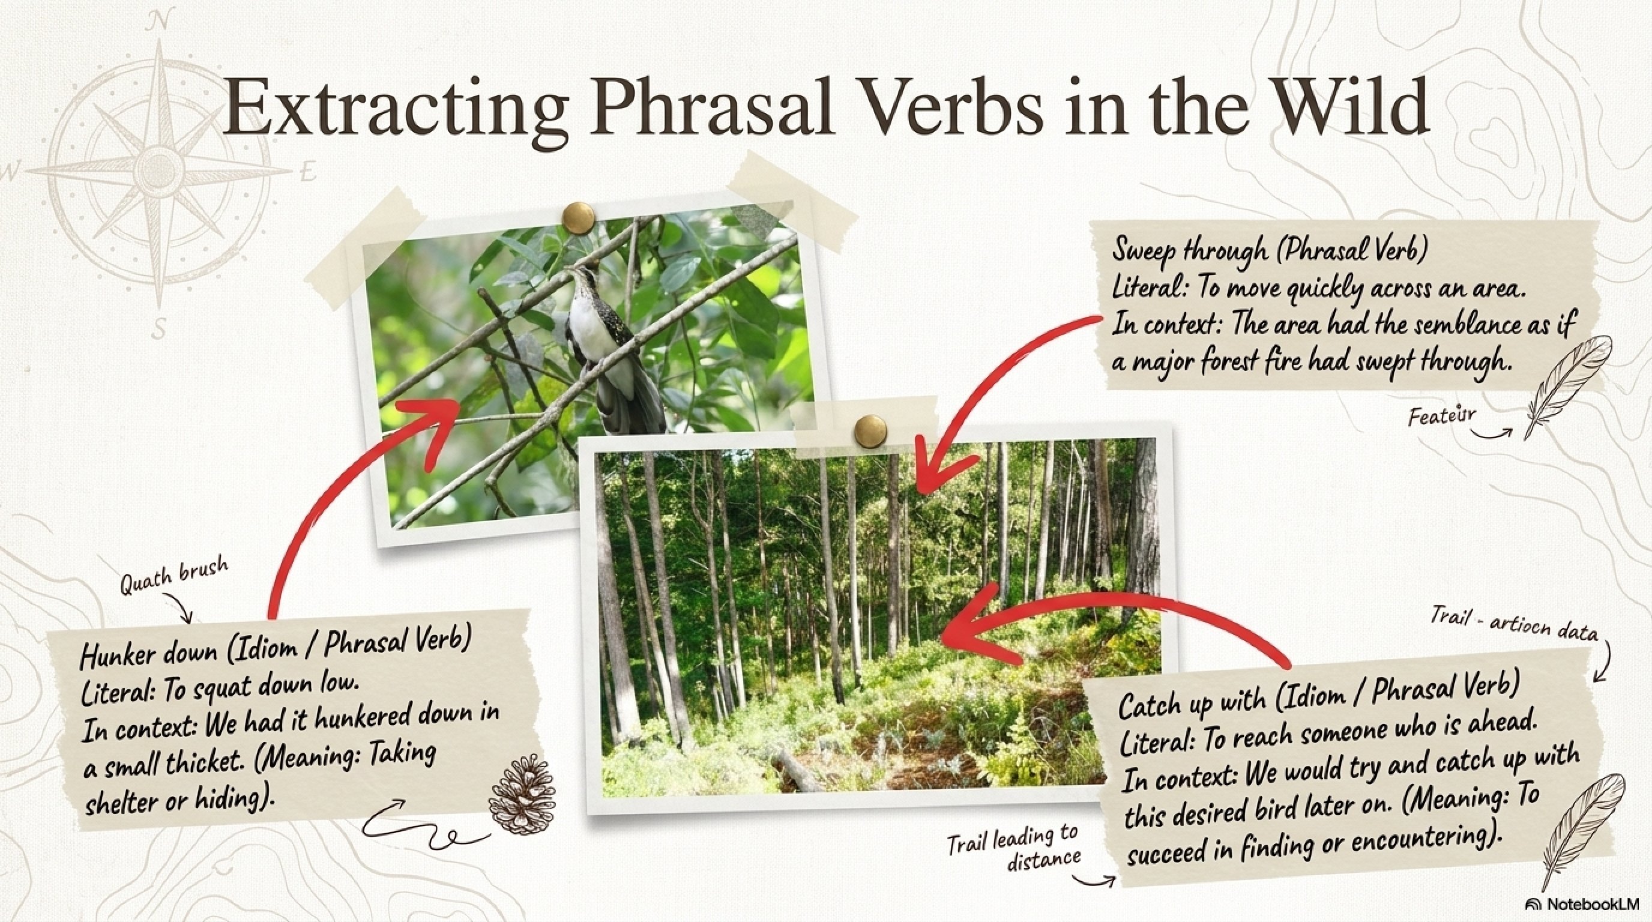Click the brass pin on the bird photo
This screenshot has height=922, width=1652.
(579, 216)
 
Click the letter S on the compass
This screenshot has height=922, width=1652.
(161, 331)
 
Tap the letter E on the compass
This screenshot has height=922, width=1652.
(309, 172)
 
